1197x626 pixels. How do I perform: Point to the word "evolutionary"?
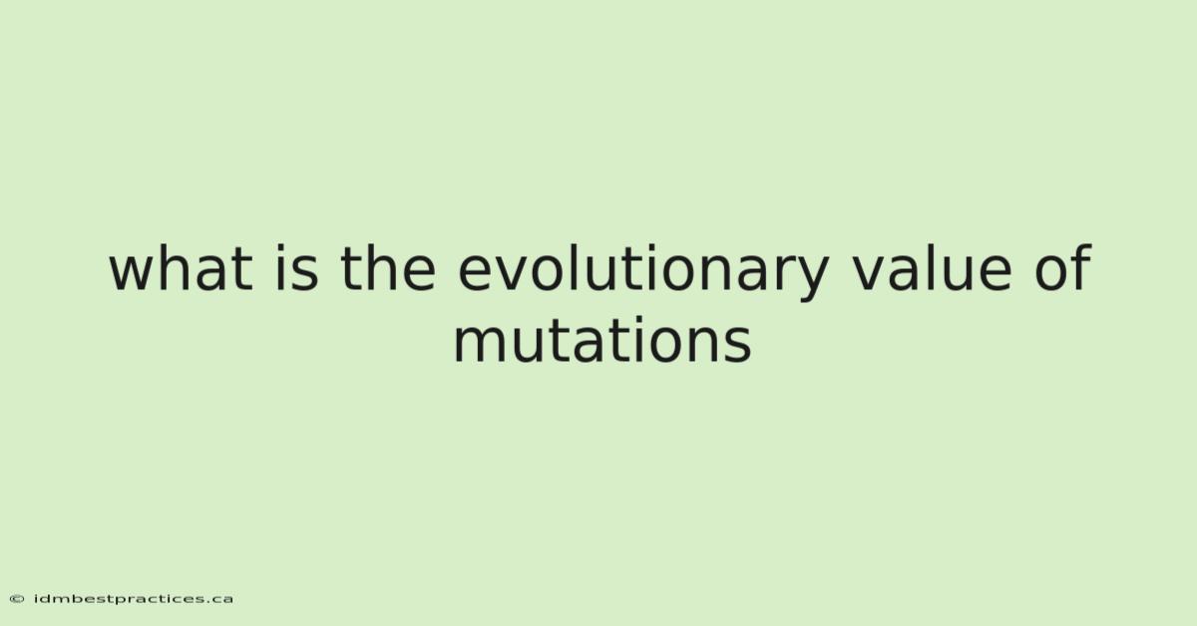click(644, 273)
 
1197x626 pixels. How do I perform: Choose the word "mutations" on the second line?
click(602, 340)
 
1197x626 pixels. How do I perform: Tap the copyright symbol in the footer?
click(17, 599)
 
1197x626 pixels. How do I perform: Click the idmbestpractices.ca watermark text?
click(134, 599)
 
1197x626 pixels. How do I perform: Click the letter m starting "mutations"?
click(480, 346)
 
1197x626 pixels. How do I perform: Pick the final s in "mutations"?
click(736, 346)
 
